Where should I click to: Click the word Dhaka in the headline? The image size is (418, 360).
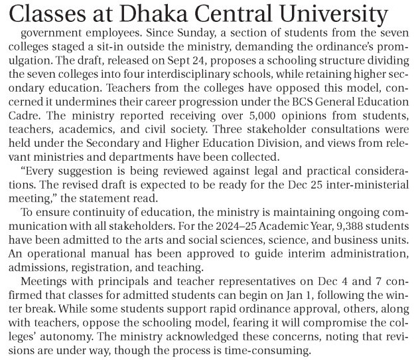(175, 14)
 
